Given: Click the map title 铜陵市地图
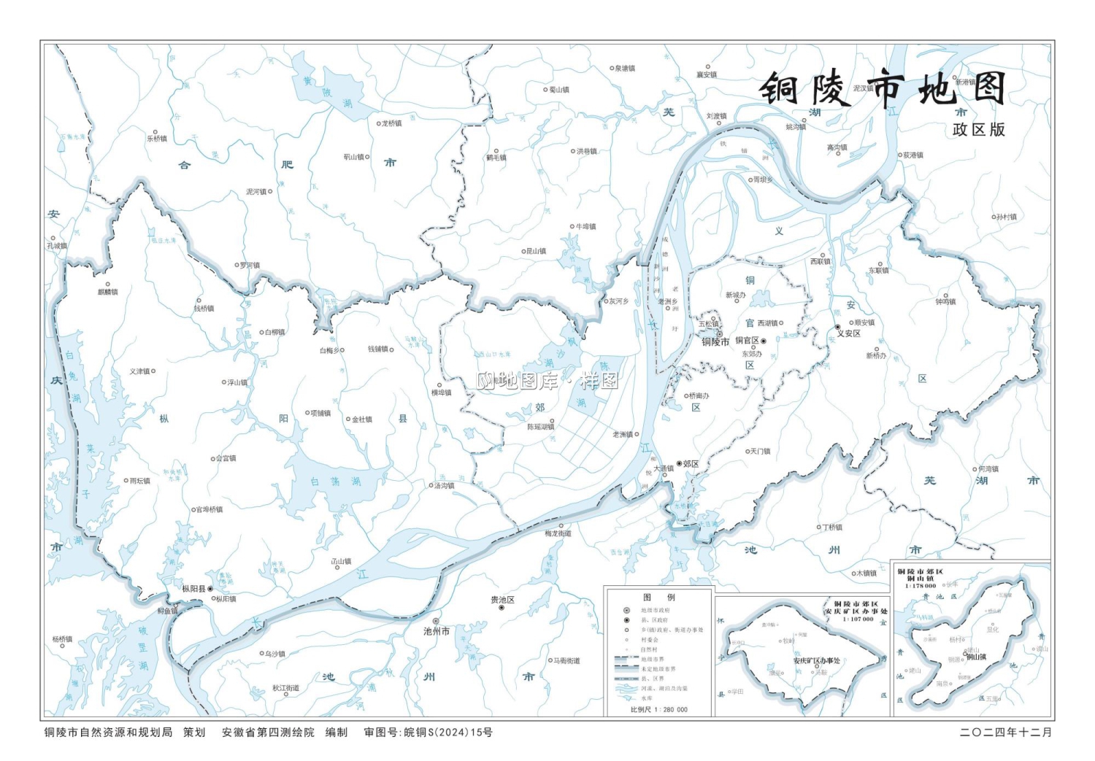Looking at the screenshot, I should point(883,90).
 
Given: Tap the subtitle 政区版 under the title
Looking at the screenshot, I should point(978,130).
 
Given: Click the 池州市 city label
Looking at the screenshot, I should point(437,631).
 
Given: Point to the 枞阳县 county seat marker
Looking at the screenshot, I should point(210,588).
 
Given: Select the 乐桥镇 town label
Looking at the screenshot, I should point(158,138).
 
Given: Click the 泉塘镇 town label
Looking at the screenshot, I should point(624,69).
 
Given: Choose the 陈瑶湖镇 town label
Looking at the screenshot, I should point(541,427).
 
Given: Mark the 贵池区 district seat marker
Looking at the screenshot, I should point(502,608).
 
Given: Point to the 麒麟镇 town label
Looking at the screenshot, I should point(107,292).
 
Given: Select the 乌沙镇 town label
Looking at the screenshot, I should point(274,654).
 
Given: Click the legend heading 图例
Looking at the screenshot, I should point(658,597).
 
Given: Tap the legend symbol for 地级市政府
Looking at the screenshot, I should point(626,610).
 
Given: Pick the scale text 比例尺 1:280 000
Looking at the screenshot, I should point(658,709).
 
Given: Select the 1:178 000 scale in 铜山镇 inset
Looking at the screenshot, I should point(921,586).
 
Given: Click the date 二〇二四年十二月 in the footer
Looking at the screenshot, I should point(1006,733).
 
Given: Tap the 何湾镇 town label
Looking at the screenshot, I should point(988,469).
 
